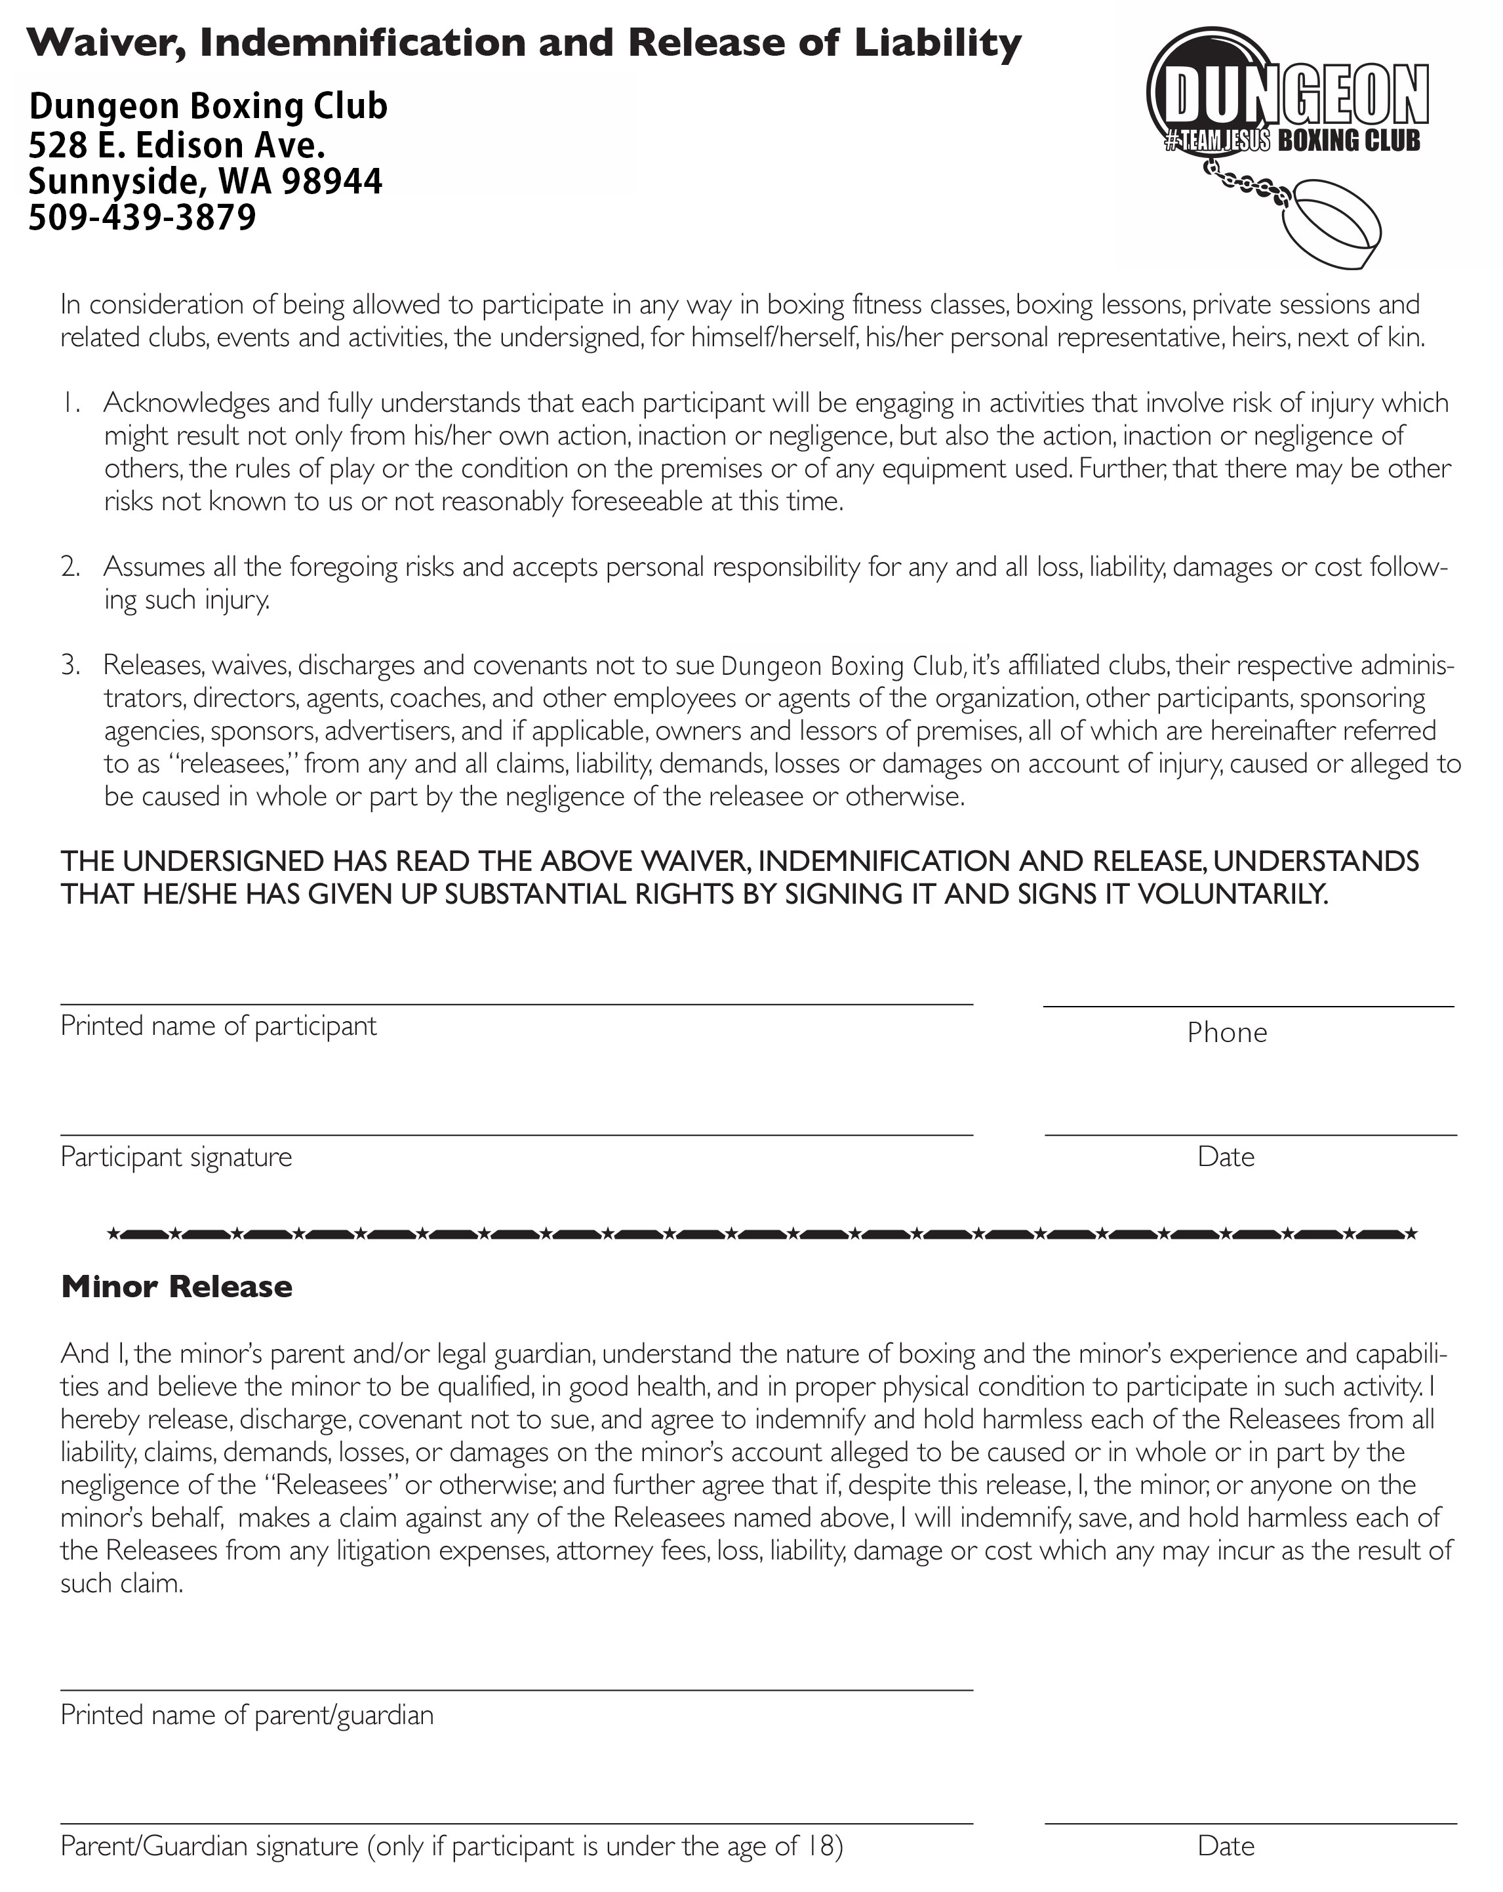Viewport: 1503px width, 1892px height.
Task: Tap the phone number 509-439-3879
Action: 142,217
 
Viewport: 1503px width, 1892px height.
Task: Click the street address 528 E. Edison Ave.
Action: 176,144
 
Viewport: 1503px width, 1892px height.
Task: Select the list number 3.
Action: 70,664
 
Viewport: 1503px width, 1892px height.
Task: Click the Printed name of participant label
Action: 218,1025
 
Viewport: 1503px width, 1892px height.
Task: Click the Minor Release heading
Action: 176,1287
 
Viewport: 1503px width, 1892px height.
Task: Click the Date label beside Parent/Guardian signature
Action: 1225,1845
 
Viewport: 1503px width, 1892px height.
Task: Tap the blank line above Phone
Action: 1248,1005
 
